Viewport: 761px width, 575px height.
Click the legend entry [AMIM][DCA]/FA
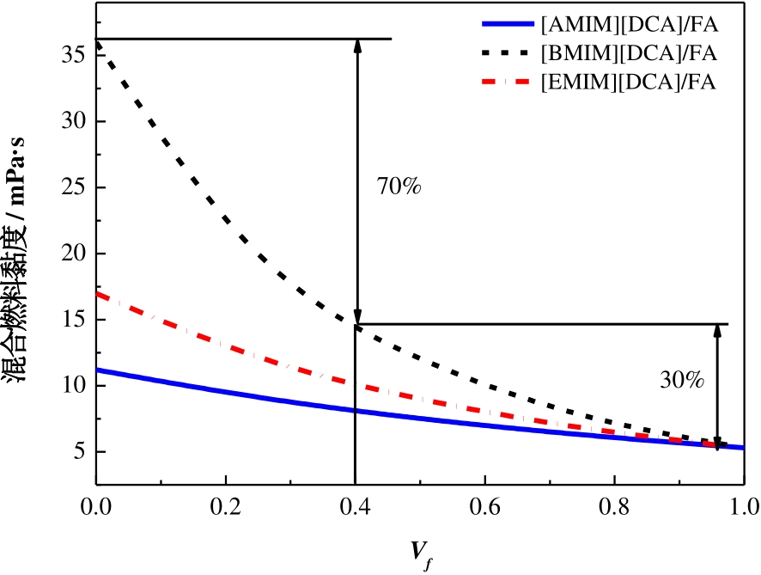click(627, 23)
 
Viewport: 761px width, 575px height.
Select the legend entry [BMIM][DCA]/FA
click(627, 53)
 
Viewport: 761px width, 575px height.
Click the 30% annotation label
click(682, 379)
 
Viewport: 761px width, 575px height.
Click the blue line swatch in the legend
click(508, 24)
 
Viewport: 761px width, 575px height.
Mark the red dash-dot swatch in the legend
click(508, 83)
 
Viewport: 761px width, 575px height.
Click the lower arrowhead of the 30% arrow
click(718, 443)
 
